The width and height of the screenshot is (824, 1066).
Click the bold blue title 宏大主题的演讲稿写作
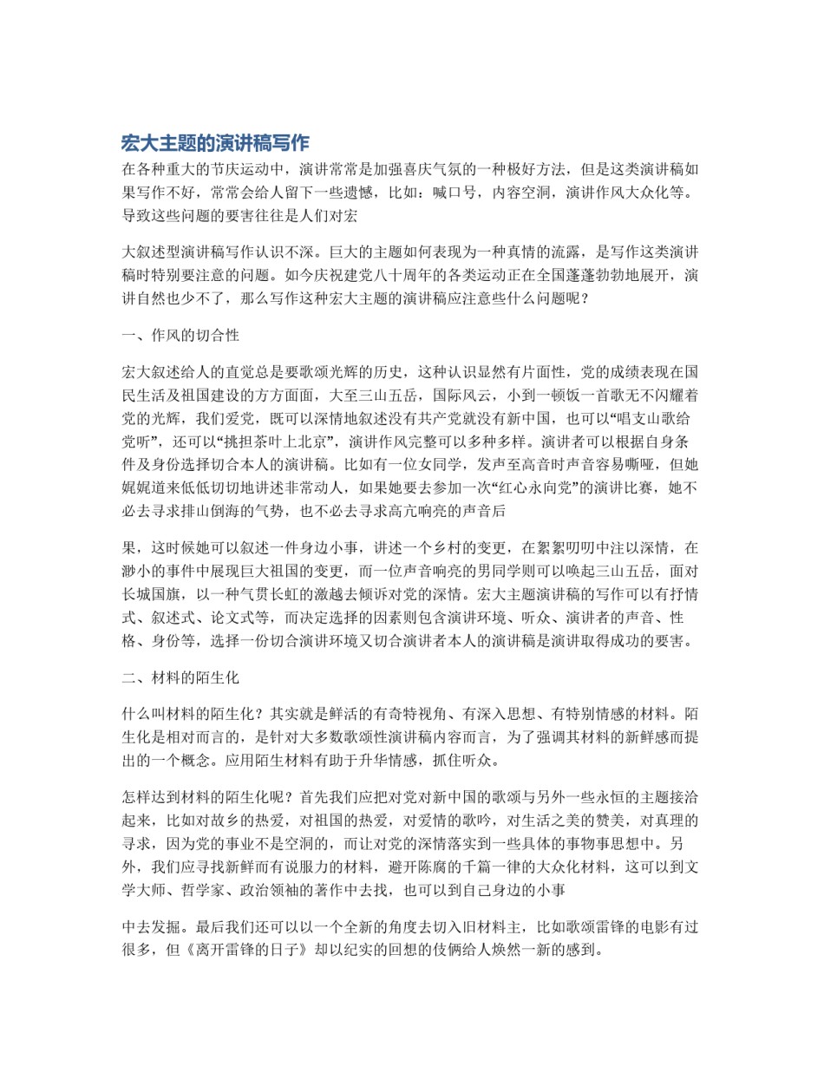coord(215,143)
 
